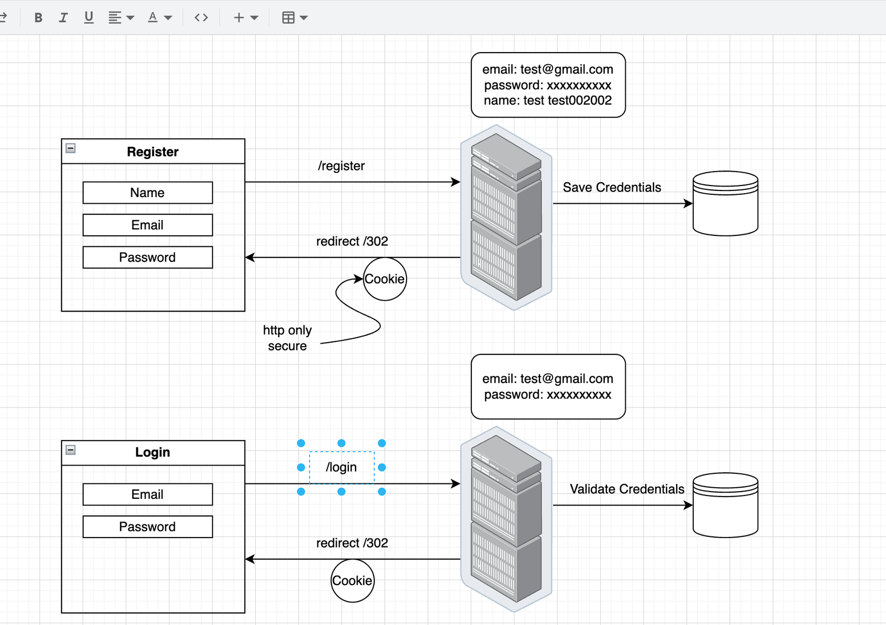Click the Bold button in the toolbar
click(38, 18)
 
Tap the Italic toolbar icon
click(63, 18)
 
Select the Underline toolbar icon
click(89, 18)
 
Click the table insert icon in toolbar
click(288, 18)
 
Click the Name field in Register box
click(147, 193)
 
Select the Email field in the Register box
click(147, 225)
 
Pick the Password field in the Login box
click(147, 527)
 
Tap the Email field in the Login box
click(147, 494)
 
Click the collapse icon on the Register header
click(71, 148)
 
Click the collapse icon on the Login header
click(71, 450)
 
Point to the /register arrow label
click(341, 166)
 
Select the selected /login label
click(341, 467)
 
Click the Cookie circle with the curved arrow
click(385, 279)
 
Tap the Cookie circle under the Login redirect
click(352, 581)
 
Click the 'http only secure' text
click(287, 338)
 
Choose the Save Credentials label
click(612, 188)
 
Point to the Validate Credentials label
click(627, 489)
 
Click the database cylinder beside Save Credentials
click(725, 204)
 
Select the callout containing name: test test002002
click(548, 85)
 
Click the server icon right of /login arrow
click(506, 519)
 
